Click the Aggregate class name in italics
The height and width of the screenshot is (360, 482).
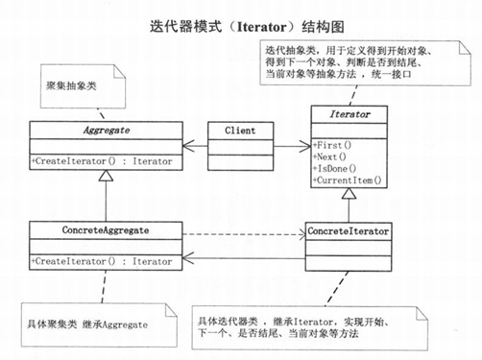104,129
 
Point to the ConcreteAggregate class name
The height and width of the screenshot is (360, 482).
104,230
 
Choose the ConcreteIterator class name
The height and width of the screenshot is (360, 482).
349,231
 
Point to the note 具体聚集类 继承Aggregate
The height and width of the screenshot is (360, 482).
86,324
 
